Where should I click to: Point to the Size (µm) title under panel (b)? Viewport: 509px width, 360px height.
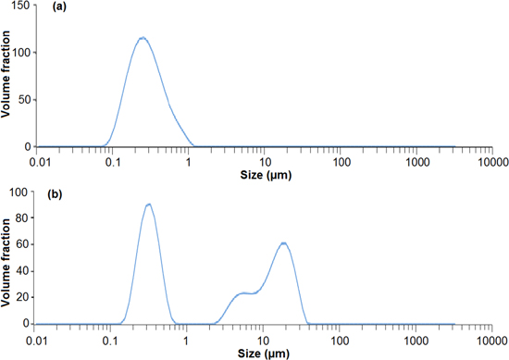coord(264,353)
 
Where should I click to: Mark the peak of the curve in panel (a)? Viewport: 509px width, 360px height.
coord(143,38)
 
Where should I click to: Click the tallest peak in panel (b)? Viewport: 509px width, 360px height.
coord(148,205)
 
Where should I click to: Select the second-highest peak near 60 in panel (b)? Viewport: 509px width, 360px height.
coord(284,243)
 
